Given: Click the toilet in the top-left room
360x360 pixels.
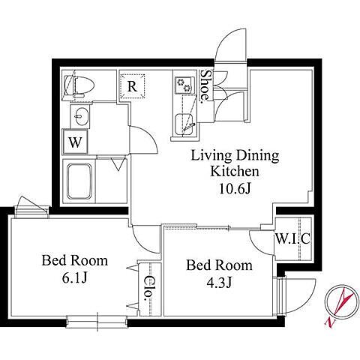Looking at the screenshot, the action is [x=79, y=85].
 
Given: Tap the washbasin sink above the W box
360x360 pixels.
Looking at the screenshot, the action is [x=82, y=116].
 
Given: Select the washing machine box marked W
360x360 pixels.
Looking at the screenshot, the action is [x=75, y=142].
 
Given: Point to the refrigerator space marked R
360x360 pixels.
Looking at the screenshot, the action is [x=132, y=86].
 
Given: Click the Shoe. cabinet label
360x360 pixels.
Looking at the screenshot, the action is [x=206, y=85].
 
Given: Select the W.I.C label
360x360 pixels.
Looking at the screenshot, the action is [x=292, y=238].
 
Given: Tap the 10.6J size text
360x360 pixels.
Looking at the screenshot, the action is [x=235, y=190].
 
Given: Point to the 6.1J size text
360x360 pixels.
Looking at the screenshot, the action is [x=74, y=277].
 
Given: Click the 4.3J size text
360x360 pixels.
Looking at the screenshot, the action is [x=219, y=283].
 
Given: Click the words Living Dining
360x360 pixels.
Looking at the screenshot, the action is [x=235, y=155].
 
